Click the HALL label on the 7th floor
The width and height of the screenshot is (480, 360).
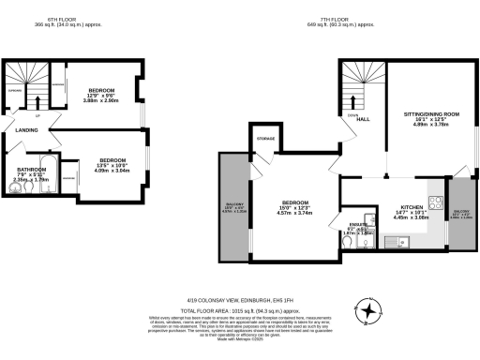tap(362, 120)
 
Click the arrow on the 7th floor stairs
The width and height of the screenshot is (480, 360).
tap(364, 97)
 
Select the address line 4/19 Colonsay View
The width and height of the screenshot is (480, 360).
tap(240, 300)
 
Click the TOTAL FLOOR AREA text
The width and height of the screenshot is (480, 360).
tap(240, 309)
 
